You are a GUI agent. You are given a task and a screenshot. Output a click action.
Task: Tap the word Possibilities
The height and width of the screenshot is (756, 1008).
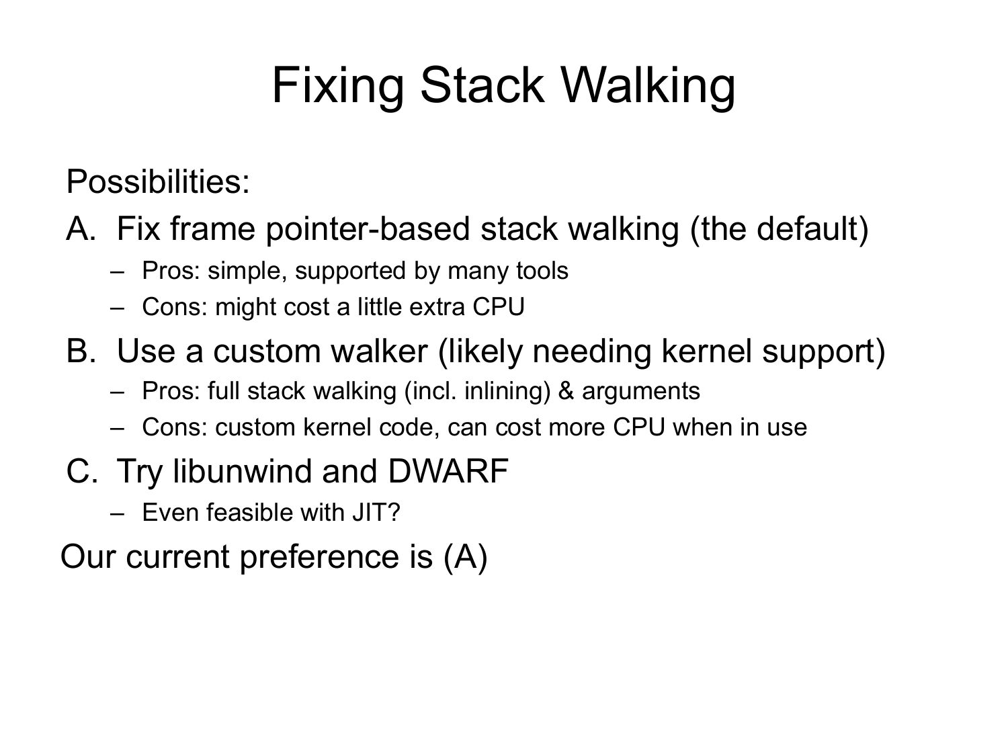pos(158,181)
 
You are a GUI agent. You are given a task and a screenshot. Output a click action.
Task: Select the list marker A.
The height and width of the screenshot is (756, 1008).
pos(81,228)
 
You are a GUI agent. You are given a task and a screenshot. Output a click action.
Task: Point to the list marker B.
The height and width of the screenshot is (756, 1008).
pos(81,351)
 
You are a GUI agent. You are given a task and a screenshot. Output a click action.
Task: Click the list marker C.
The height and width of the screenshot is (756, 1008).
pos(82,471)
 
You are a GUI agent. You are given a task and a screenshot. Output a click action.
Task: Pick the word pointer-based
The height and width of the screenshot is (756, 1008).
pos(368,229)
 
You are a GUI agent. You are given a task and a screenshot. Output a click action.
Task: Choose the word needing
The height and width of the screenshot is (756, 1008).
pos(591,351)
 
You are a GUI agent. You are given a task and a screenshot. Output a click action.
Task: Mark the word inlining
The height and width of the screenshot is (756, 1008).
pos(506,391)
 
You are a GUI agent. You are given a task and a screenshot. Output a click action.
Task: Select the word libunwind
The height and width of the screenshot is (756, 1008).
pos(243,471)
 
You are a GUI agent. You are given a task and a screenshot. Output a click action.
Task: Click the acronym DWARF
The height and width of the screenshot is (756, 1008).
pos(448,471)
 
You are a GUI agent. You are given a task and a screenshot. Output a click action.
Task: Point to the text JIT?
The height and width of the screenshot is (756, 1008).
pos(376,512)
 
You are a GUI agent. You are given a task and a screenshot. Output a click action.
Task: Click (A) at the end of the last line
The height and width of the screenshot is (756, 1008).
pos(465,557)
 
